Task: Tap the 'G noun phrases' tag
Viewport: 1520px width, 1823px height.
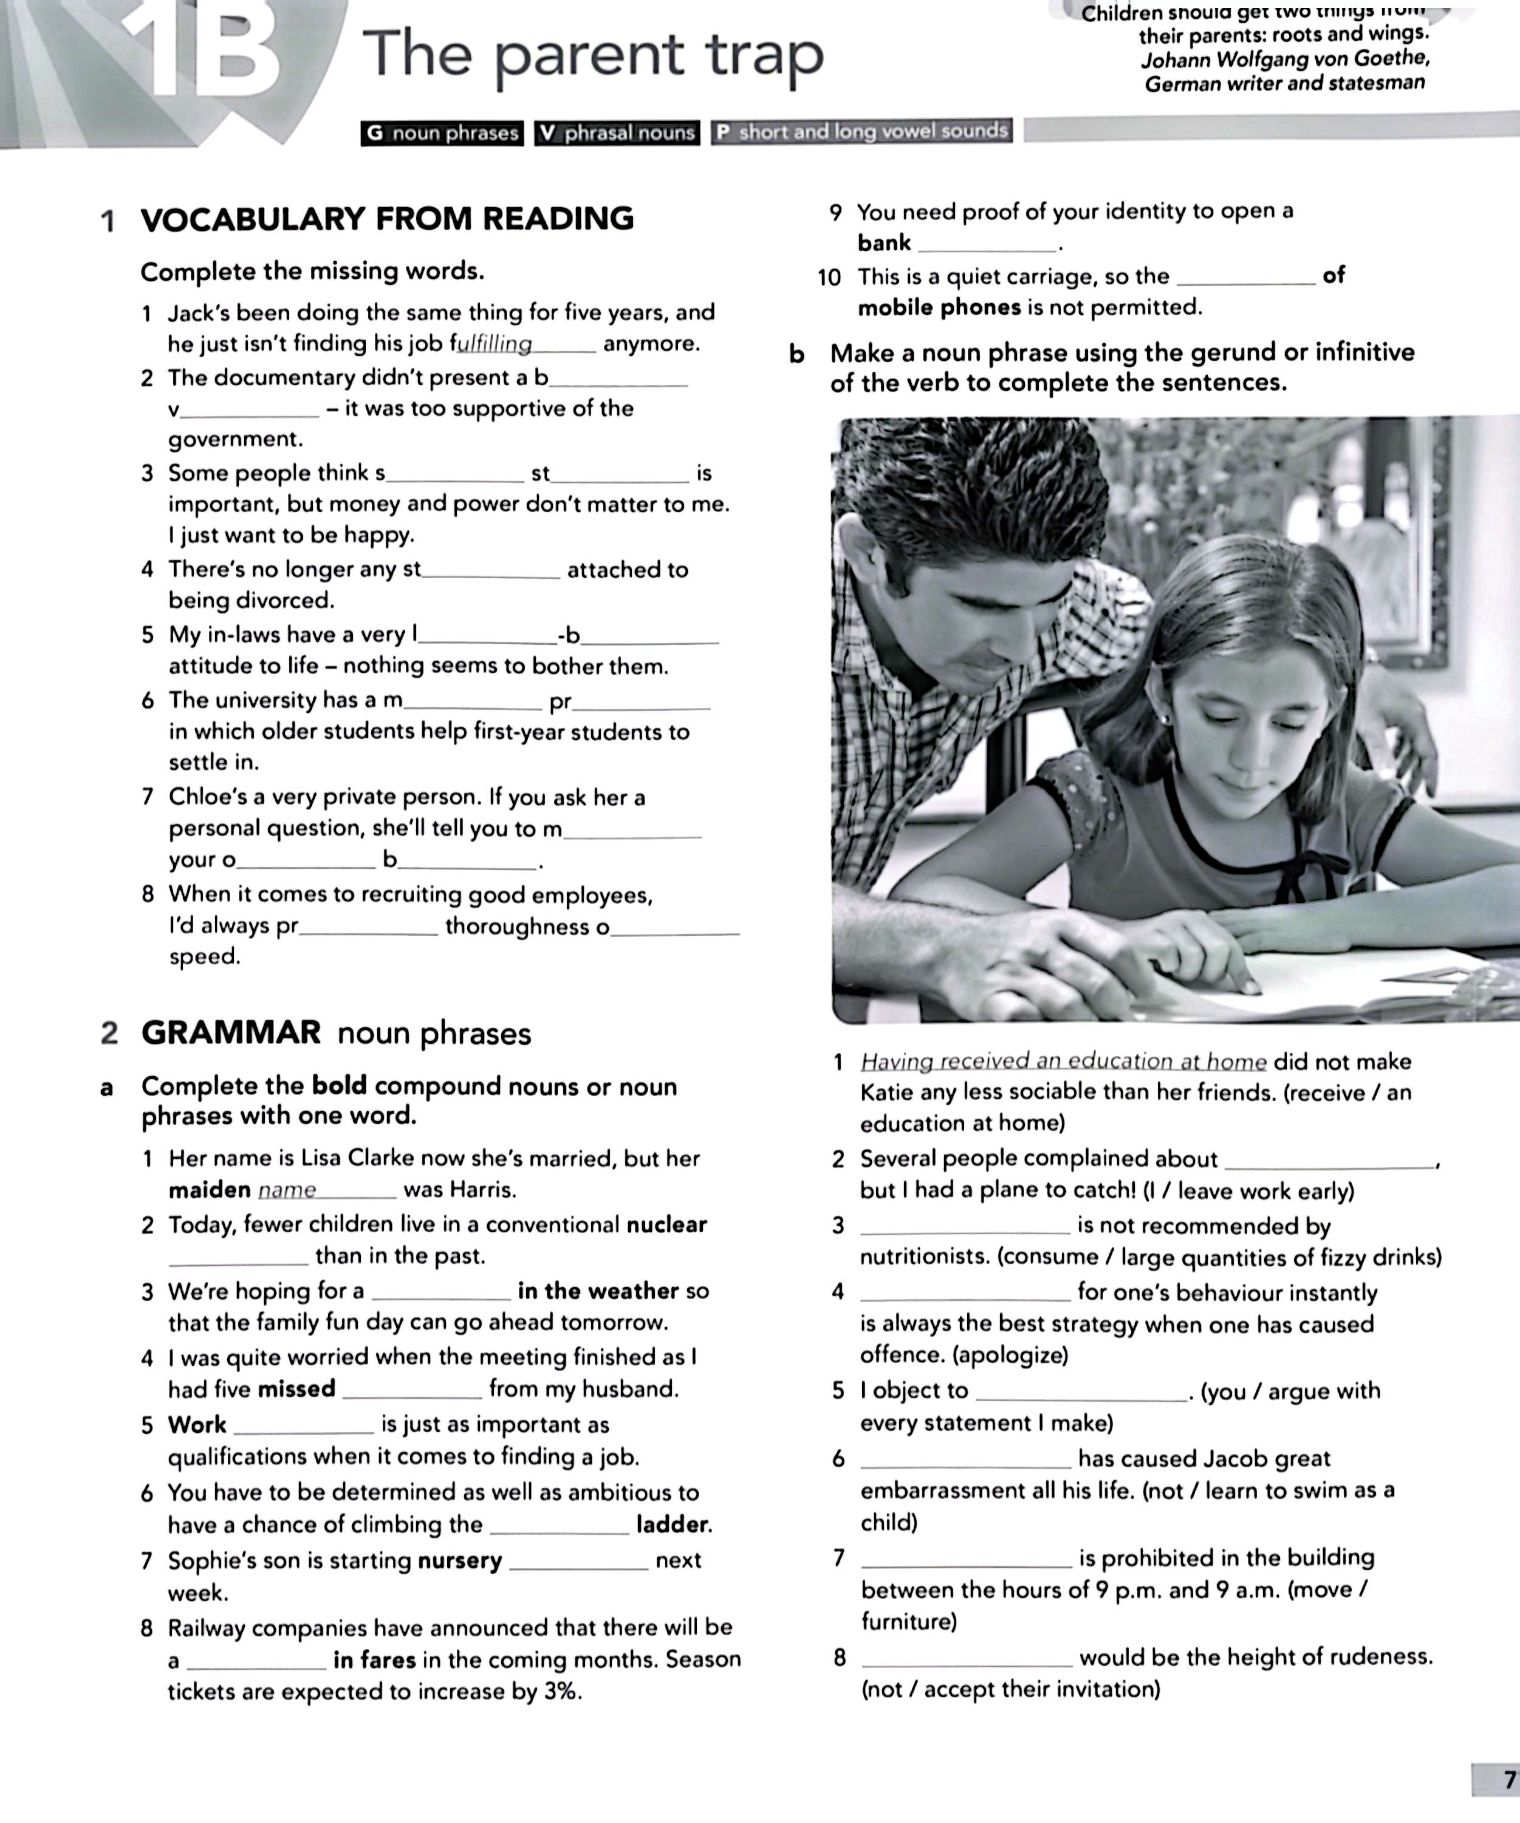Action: [442, 133]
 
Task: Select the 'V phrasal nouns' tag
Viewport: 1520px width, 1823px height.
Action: [617, 133]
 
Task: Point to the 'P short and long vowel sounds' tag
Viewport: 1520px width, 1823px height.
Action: [862, 132]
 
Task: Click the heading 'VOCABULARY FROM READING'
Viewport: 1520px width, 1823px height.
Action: [387, 218]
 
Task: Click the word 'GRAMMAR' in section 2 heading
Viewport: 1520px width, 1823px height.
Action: [231, 1033]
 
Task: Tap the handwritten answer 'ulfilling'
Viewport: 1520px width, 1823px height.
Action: [495, 345]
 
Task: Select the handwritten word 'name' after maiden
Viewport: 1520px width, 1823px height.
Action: [287, 1190]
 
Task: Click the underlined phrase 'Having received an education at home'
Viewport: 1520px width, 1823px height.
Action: [1063, 1062]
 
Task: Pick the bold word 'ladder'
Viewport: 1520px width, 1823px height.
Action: [674, 1525]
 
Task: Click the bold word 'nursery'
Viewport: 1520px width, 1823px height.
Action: [460, 1561]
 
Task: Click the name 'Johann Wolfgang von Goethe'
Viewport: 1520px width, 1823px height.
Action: [1285, 59]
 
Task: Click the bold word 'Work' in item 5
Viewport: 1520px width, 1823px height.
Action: [197, 1424]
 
